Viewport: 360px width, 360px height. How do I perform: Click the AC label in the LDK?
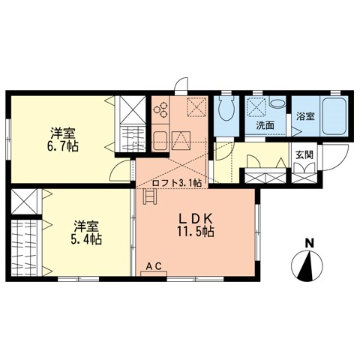pos(153,266)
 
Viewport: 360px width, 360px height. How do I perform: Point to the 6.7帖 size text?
pos(64,145)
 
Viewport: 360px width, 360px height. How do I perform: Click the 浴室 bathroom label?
pos(305,116)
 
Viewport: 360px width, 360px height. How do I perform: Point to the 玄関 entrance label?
pos(304,154)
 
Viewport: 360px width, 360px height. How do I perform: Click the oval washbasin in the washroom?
pos(277,106)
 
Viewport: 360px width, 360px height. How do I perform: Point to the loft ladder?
pos(149,198)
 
